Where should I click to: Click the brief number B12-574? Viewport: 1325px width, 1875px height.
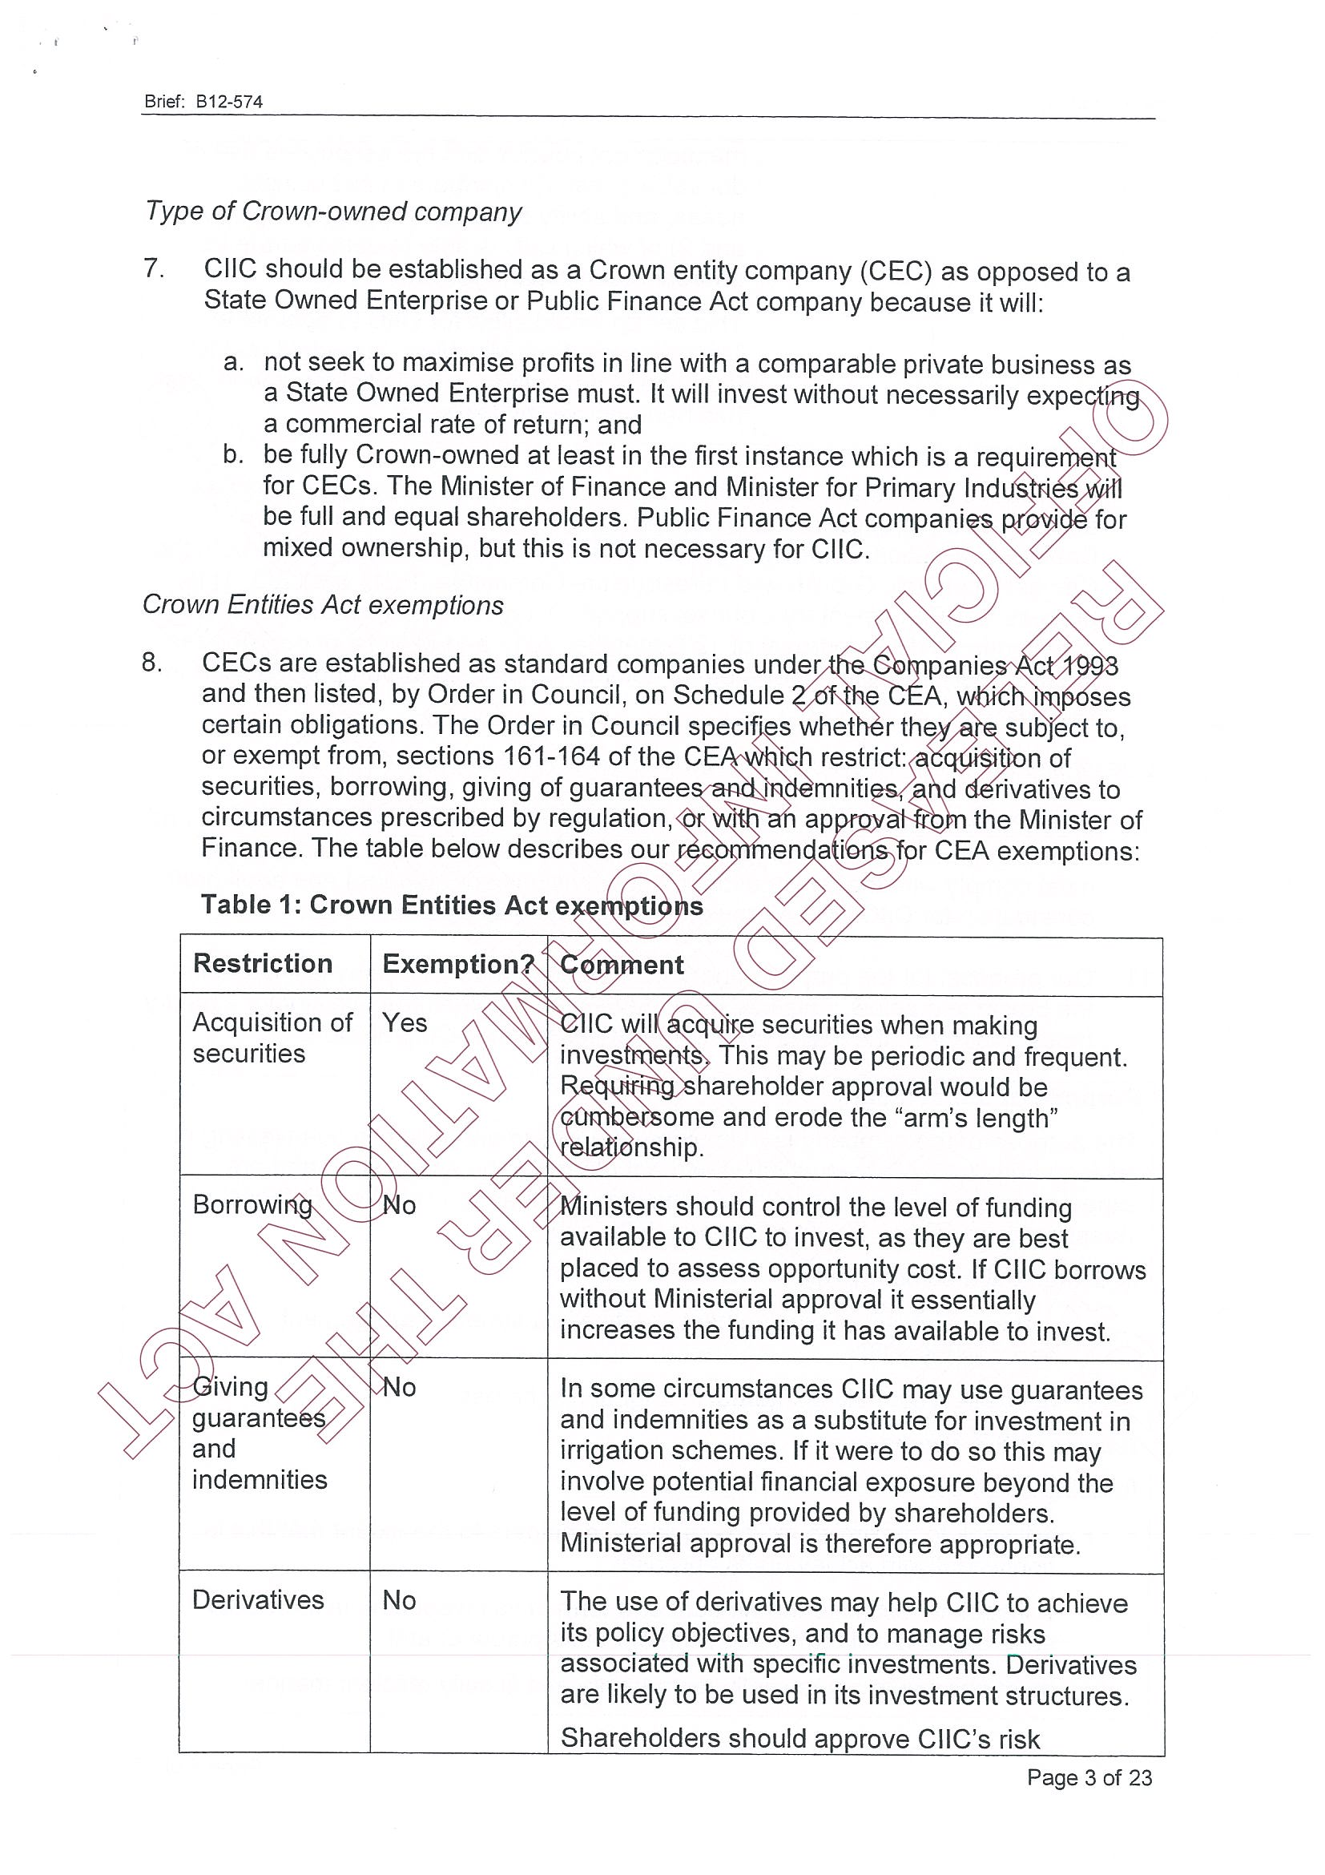pos(228,102)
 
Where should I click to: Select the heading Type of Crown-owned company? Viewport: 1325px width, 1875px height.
pos(333,212)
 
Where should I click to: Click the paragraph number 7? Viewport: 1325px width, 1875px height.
pos(155,268)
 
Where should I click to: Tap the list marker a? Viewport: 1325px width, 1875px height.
pos(234,361)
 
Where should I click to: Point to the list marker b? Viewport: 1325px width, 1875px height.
pos(234,454)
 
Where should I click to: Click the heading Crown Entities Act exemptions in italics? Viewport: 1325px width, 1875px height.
pos(324,605)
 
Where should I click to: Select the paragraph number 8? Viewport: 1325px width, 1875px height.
pos(153,663)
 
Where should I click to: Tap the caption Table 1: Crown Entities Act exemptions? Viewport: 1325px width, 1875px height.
pos(452,905)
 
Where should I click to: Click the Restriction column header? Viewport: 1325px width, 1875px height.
pos(262,964)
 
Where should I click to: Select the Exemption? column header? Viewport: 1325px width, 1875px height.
pos(458,965)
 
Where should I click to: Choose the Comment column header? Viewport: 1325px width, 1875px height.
pos(622,966)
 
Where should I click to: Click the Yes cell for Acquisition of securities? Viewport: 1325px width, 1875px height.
pos(404,1022)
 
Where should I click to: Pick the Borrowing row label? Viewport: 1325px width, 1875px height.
pos(252,1204)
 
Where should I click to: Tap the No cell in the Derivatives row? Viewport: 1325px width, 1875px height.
pos(399,1600)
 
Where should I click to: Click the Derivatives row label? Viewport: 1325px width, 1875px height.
pos(258,1600)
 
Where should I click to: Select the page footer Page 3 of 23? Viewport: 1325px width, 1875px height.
pos(1089,1778)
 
